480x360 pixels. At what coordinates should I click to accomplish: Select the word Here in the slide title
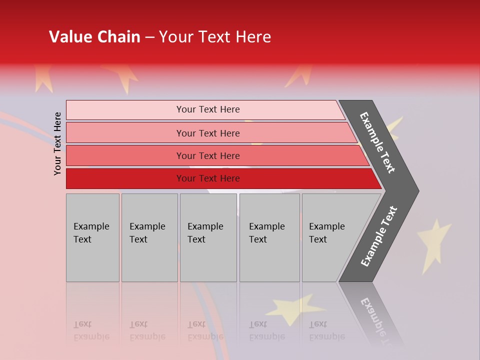pyautogui.click(x=253, y=37)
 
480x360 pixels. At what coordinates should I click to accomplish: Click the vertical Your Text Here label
pyautogui.click(x=57, y=143)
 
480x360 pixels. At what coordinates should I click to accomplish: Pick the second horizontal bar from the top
pyautogui.click(x=207, y=133)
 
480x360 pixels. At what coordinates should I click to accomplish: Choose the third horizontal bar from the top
pyautogui.click(x=207, y=155)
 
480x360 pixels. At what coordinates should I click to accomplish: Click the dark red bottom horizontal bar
pyautogui.click(x=207, y=178)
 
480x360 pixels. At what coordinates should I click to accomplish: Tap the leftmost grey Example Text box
pyautogui.click(x=92, y=237)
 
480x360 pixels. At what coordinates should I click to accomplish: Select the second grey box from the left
pyautogui.click(x=149, y=237)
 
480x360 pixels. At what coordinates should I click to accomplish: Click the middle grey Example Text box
pyautogui.click(x=208, y=237)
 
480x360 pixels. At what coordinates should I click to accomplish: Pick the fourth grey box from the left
pyautogui.click(x=269, y=237)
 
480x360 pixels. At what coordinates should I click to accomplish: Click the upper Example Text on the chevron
pyautogui.click(x=378, y=142)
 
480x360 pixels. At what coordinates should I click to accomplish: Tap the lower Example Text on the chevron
pyautogui.click(x=379, y=236)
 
